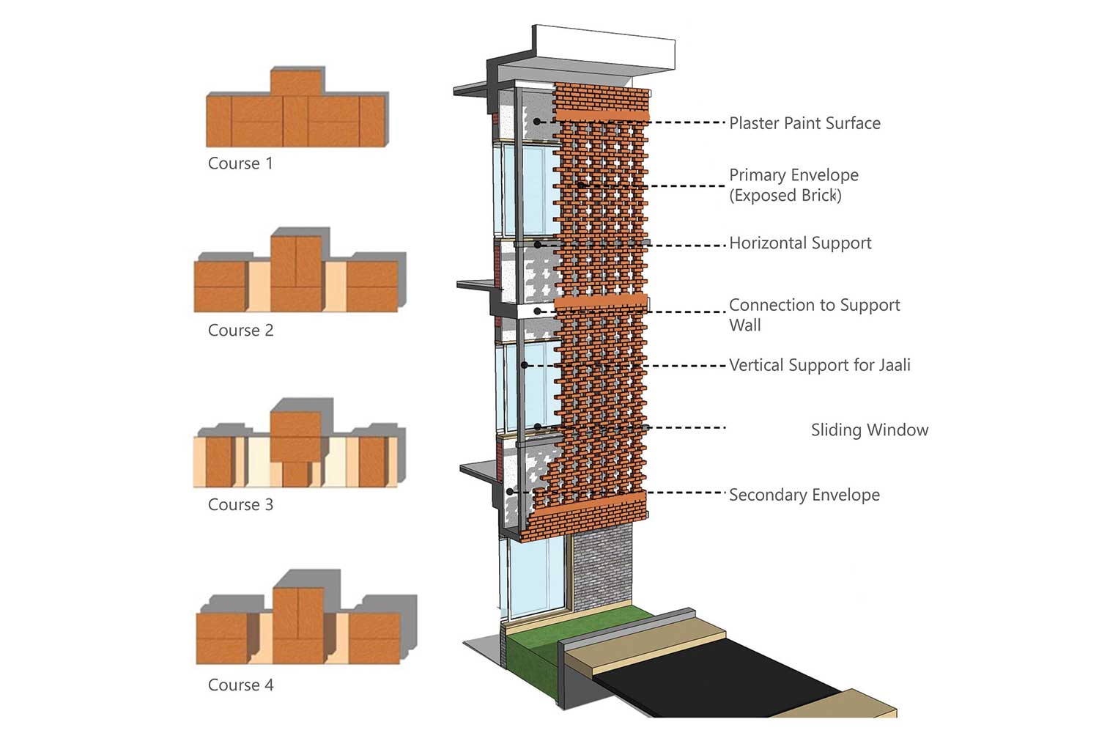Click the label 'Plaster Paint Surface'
pos(804,123)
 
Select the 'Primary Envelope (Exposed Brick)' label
pos(793,185)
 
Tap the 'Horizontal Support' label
pos(800,243)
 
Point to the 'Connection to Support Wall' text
pos(814,314)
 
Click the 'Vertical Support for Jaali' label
pos(819,365)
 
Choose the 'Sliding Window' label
pos(869,430)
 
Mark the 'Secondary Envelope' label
pos(804,496)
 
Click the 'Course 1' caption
pos(240,163)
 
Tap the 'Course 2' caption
pos(240,331)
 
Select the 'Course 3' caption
pos(240,505)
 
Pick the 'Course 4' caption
pos(240,685)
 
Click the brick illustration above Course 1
pos(296,110)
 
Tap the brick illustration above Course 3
pos(297,447)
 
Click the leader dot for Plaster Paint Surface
pos(537,122)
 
